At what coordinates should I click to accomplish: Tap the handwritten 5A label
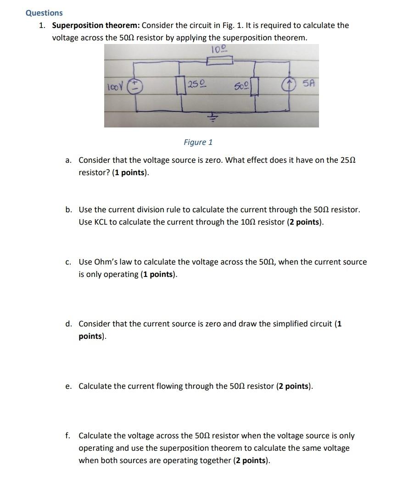307,84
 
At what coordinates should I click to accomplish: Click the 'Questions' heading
44,13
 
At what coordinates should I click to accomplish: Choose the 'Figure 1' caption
198,142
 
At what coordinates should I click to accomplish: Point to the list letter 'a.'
68,160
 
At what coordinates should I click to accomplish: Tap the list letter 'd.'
68,324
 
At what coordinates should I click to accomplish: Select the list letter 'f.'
68,436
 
